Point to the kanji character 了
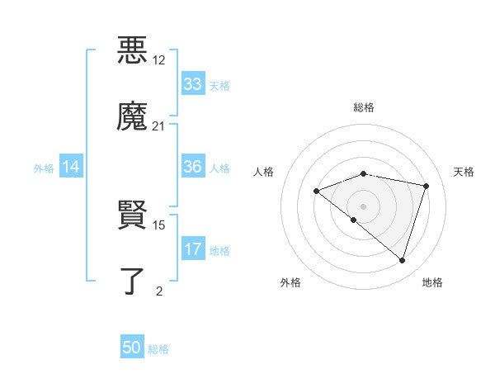pyautogui.click(x=132, y=281)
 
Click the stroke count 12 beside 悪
pyautogui.click(x=159, y=60)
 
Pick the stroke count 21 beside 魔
pyautogui.click(x=159, y=126)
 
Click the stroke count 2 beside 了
pyautogui.click(x=159, y=291)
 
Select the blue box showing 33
pyautogui.click(x=192, y=84)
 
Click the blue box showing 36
pyautogui.click(x=192, y=167)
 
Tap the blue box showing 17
pyautogui.click(x=192, y=249)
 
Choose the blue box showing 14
pyautogui.click(x=71, y=167)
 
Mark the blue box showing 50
pyautogui.click(x=132, y=348)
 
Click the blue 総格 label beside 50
pyautogui.click(x=158, y=349)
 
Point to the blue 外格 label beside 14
pyautogui.click(x=44, y=168)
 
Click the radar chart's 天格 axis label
pyautogui.click(x=464, y=172)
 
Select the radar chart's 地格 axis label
pyautogui.click(x=432, y=282)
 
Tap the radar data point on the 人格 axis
pyautogui.click(x=316, y=192)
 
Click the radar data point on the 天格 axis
pyautogui.click(x=426, y=186)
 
